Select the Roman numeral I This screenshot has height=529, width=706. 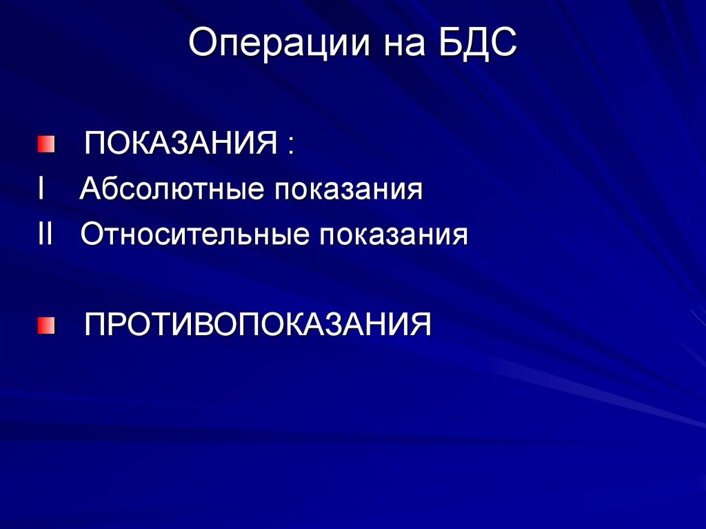(42, 189)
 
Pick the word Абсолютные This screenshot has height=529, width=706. (172, 190)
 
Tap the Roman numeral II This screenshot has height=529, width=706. (46, 234)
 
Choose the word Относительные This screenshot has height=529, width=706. (194, 235)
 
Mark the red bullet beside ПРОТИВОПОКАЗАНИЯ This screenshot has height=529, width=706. (46, 324)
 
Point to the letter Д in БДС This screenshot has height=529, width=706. (478, 46)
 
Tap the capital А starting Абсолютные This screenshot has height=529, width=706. (90, 189)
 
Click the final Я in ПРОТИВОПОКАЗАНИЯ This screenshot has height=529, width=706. (421, 324)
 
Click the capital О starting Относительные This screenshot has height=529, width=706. (92, 234)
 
